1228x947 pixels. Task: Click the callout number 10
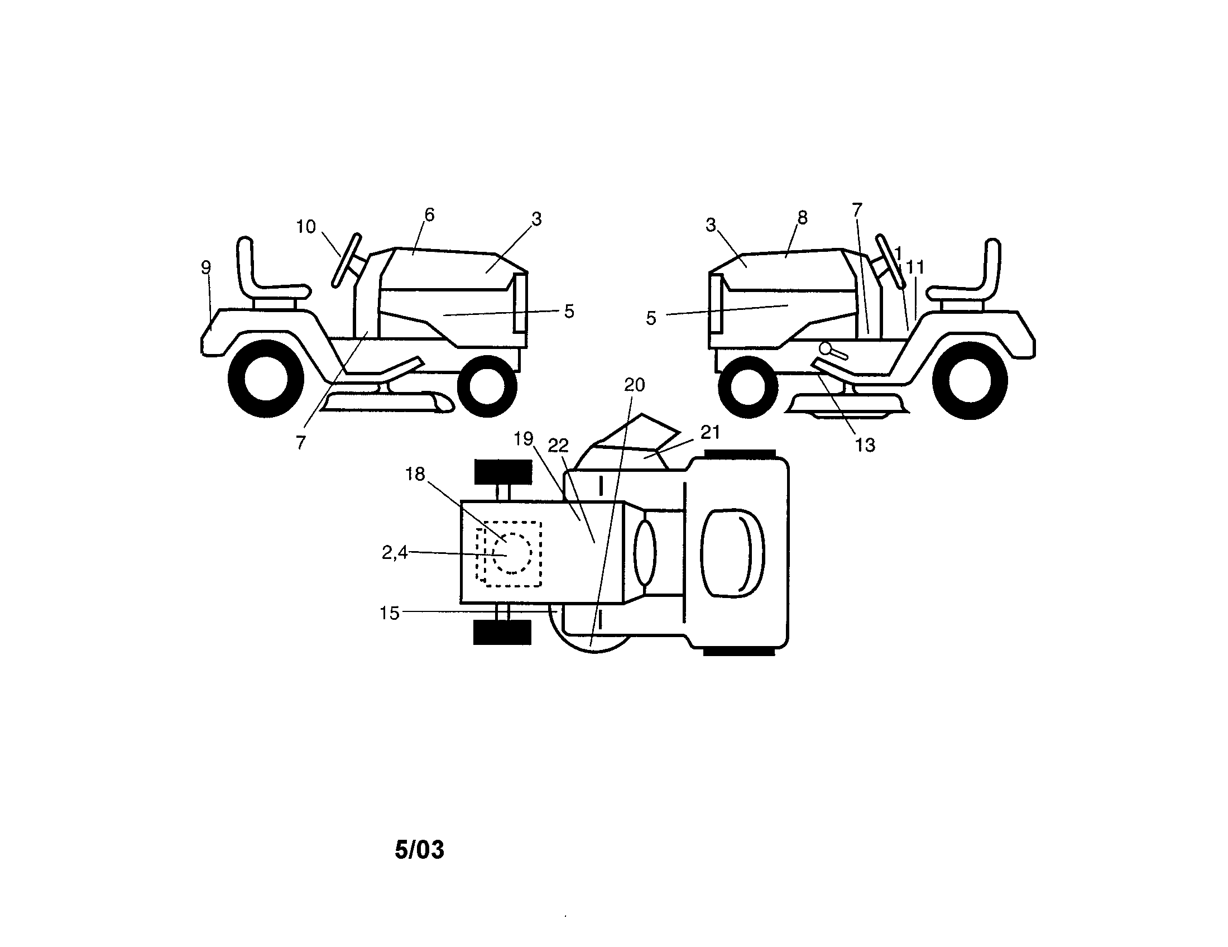click(306, 227)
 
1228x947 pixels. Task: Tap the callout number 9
click(206, 267)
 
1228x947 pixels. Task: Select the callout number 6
click(429, 215)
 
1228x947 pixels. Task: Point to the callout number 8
click(802, 218)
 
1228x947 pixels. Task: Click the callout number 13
click(865, 446)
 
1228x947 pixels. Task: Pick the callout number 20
click(634, 385)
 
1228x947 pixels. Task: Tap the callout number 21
click(710, 432)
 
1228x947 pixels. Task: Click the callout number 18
click(415, 475)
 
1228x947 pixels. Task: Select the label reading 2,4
click(394, 553)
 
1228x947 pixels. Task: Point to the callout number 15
click(389, 613)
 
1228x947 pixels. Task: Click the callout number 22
click(558, 446)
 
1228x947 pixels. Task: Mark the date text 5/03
click(419, 850)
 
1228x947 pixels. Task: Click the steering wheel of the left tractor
click(346, 260)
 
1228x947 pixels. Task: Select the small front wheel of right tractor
click(748, 386)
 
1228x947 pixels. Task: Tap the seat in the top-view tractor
click(733, 553)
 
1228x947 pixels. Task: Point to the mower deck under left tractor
click(388, 402)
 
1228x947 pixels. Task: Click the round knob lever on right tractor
click(825, 348)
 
